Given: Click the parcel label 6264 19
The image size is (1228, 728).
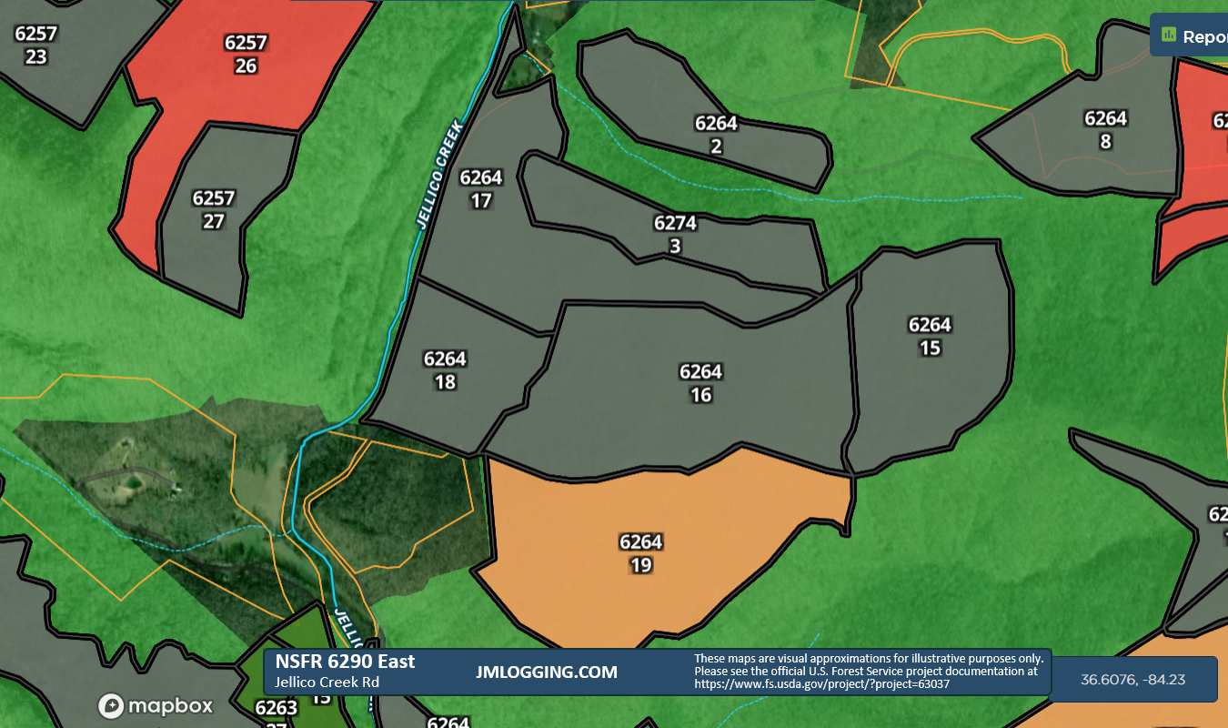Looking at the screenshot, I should (640, 553).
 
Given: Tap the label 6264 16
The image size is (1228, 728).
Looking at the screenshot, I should (700, 383).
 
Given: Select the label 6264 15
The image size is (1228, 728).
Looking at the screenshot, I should (930, 336).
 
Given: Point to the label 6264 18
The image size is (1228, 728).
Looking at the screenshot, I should (445, 370).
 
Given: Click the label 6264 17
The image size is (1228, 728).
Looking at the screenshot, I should (481, 188).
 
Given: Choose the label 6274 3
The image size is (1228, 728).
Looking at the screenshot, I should (675, 234).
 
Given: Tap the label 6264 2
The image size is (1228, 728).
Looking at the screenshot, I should (716, 135).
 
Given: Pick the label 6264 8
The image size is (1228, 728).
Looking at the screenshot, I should (1105, 129).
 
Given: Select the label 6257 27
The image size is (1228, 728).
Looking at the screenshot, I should (214, 209).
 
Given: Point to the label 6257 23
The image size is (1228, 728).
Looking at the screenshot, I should (36, 45).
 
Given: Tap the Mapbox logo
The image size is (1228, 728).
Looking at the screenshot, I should (156, 705).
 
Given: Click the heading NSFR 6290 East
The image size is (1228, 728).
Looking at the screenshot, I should (345, 662).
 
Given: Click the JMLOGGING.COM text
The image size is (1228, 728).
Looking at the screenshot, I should (546, 672).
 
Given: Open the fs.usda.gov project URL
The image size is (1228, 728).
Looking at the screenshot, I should (822, 683).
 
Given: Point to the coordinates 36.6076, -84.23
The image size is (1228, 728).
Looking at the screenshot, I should (1132, 680).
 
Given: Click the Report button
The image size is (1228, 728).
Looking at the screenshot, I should (1192, 36).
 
